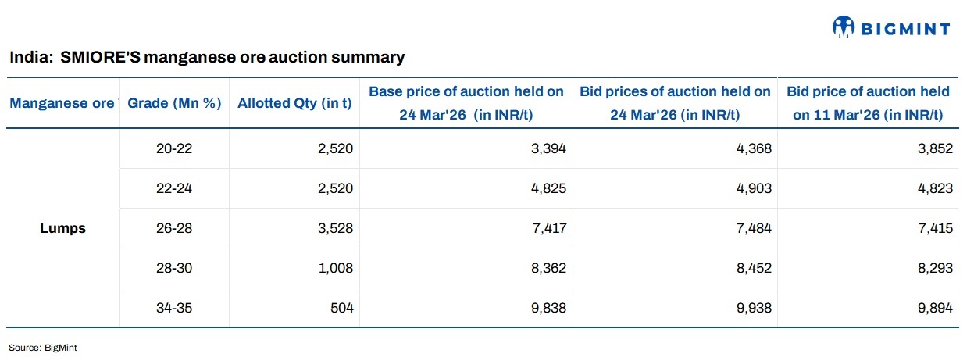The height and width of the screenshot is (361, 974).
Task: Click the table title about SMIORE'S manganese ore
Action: (207, 57)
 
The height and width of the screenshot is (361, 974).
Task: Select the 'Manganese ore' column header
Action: (62, 103)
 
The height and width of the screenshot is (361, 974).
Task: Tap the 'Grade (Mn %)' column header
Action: (174, 103)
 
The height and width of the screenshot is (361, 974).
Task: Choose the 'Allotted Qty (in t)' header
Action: (294, 103)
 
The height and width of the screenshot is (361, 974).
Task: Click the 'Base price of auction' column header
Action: (466, 103)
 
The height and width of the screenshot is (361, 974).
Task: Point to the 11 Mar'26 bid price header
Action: (868, 103)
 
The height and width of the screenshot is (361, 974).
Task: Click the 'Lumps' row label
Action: (62, 229)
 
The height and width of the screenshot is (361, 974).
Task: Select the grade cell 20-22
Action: (174, 148)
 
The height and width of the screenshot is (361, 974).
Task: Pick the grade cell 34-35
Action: (174, 308)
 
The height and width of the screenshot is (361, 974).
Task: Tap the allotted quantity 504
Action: (342, 308)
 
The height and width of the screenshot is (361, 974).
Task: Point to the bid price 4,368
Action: (755, 148)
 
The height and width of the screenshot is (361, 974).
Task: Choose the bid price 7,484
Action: (755, 228)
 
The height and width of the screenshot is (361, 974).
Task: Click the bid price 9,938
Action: (755, 308)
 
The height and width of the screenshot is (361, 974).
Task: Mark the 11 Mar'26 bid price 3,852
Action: (937, 148)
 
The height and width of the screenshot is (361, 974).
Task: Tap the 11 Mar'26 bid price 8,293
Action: (937, 268)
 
